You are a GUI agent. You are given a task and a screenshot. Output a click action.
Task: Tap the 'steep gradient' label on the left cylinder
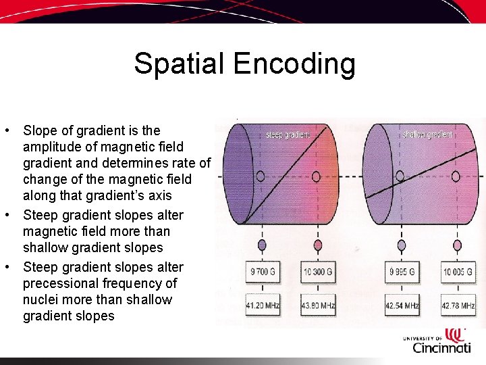pos(288,135)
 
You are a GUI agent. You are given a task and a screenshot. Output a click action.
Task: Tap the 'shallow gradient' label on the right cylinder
pos(427,135)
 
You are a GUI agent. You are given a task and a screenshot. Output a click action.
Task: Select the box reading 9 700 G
pos(262,272)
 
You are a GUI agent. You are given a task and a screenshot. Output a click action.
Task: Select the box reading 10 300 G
pos(318,272)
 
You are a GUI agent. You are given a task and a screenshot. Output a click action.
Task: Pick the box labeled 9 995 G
pos(402,272)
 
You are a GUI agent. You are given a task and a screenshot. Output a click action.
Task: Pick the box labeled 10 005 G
pos(458,272)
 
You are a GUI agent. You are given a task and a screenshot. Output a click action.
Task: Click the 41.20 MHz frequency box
pos(262,306)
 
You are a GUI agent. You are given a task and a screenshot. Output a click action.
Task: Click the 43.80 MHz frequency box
pos(318,306)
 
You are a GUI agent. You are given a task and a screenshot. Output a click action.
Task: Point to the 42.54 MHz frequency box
pos(402,306)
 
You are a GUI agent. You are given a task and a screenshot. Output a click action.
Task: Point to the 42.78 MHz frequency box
pos(458,306)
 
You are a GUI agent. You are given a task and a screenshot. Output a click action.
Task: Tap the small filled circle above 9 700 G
pos(262,245)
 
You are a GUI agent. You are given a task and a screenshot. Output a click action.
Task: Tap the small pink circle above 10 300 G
pos(318,245)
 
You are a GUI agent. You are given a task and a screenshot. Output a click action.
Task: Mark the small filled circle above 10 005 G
pos(458,245)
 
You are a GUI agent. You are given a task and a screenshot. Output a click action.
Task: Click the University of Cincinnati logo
pos(437,341)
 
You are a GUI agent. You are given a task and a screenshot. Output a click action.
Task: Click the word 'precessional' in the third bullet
pos(63,283)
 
